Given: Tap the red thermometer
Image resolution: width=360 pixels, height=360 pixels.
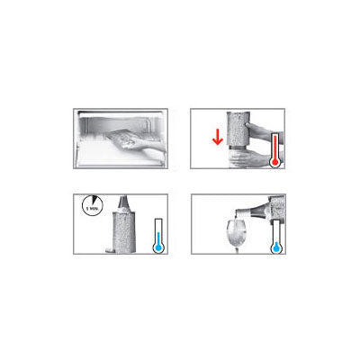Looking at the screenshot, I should tap(273, 153).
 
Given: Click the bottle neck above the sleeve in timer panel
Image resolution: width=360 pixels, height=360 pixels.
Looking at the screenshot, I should tap(121, 202).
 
